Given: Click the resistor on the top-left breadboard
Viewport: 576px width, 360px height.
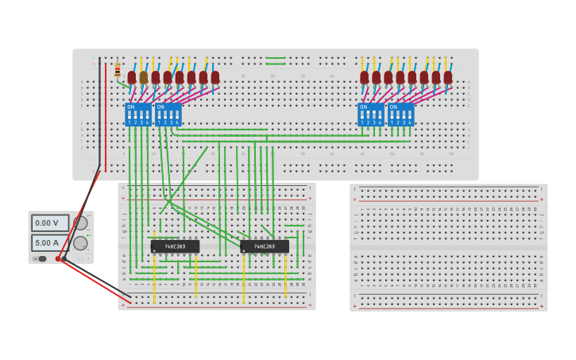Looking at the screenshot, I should pos(118,70).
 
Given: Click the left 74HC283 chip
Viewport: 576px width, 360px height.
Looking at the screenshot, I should pos(175,246).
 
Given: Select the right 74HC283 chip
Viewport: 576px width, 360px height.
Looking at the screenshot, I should pos(265,246).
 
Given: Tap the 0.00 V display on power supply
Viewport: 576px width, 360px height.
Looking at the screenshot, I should pos(49,223).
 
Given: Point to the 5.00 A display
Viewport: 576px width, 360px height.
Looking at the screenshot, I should pos(49,242).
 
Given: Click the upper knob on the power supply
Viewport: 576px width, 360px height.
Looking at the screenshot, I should pos(80,223).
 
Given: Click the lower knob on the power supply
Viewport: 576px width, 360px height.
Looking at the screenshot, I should pos(80,243).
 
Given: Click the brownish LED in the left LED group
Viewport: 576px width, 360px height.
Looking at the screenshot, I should pos(144,78).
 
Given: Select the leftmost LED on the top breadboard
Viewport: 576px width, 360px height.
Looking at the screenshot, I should pos(132,78).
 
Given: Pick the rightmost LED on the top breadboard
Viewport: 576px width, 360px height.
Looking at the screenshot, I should pos(448,78).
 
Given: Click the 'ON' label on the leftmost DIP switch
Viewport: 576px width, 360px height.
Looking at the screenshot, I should pos(131,107).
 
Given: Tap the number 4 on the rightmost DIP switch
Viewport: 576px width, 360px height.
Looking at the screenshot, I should pos(410,122).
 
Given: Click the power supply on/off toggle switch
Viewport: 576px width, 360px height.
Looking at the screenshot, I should pos(41,258).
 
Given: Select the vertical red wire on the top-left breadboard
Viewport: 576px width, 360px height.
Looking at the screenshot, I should pos(106,115).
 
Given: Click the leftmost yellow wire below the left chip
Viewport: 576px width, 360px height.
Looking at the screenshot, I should pos(155,278).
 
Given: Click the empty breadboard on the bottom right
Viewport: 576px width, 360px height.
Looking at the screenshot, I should pos(448,247).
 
